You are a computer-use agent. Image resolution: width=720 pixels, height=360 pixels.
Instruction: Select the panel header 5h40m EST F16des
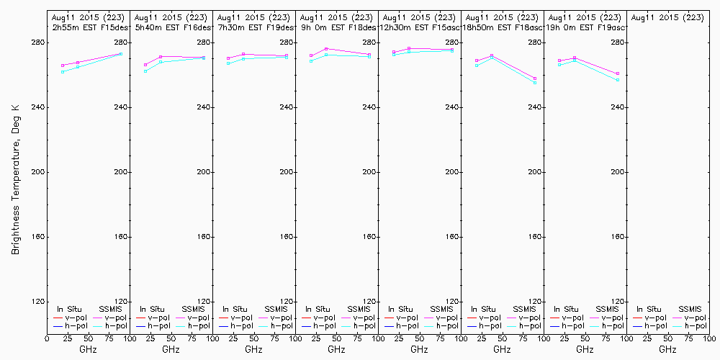pyautogui.click(x=174, y=27)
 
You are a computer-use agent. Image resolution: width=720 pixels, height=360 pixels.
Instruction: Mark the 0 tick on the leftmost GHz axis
pyautogui.click(x=48, y=338)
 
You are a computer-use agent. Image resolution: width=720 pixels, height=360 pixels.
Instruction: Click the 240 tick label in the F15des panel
pyautogui.click(x=119, y=107)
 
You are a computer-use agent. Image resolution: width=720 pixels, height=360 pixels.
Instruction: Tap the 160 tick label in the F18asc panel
pyautogui.click(x=533, y=237)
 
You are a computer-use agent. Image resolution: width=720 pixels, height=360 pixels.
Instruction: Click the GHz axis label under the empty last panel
pyautogui.click(x=667, y=349)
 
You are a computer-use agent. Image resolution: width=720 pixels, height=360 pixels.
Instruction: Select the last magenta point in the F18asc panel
pyautogui.click(x=535, y=78)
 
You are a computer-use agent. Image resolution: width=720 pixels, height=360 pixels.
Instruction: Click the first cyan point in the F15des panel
pyautogui.click(x=63, y=72)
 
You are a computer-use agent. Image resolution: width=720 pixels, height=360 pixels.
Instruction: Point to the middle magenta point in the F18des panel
pyautogui.click(x=326, y=49)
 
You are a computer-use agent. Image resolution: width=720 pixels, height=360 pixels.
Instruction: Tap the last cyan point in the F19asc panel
pyautogui.click(x=618, y=80)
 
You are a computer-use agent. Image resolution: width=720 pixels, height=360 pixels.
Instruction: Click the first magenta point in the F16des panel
pyautogui.click(x=145, y=65)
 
